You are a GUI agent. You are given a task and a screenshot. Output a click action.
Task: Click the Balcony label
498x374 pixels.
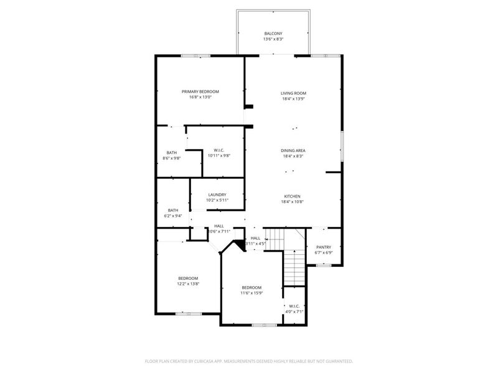273,33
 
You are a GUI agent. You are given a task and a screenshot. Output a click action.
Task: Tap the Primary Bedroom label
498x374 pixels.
200,91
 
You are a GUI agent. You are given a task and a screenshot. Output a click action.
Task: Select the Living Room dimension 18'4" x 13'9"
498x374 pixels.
293,99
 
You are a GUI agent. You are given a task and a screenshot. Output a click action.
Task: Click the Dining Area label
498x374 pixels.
293,150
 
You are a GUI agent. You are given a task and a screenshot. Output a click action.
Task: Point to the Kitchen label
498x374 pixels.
293,196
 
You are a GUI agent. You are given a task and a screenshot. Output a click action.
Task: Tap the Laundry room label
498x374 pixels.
217,194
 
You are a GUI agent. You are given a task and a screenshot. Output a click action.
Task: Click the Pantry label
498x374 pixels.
324,247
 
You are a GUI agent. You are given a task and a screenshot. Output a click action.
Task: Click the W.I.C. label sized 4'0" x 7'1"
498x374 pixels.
294,306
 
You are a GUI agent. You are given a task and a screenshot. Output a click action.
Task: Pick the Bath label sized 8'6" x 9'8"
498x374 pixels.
171,153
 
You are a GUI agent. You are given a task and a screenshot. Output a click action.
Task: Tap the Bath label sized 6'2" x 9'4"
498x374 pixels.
173,210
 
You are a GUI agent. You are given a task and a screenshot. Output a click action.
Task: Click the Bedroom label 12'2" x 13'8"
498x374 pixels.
188,278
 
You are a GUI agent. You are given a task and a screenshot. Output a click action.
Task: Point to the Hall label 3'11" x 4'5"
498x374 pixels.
256,238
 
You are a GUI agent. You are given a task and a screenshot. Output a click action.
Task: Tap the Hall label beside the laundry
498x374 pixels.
219,226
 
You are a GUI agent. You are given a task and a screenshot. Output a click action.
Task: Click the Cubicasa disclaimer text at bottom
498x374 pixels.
249,360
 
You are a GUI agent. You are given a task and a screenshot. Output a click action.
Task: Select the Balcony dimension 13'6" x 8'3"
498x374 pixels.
273,39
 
